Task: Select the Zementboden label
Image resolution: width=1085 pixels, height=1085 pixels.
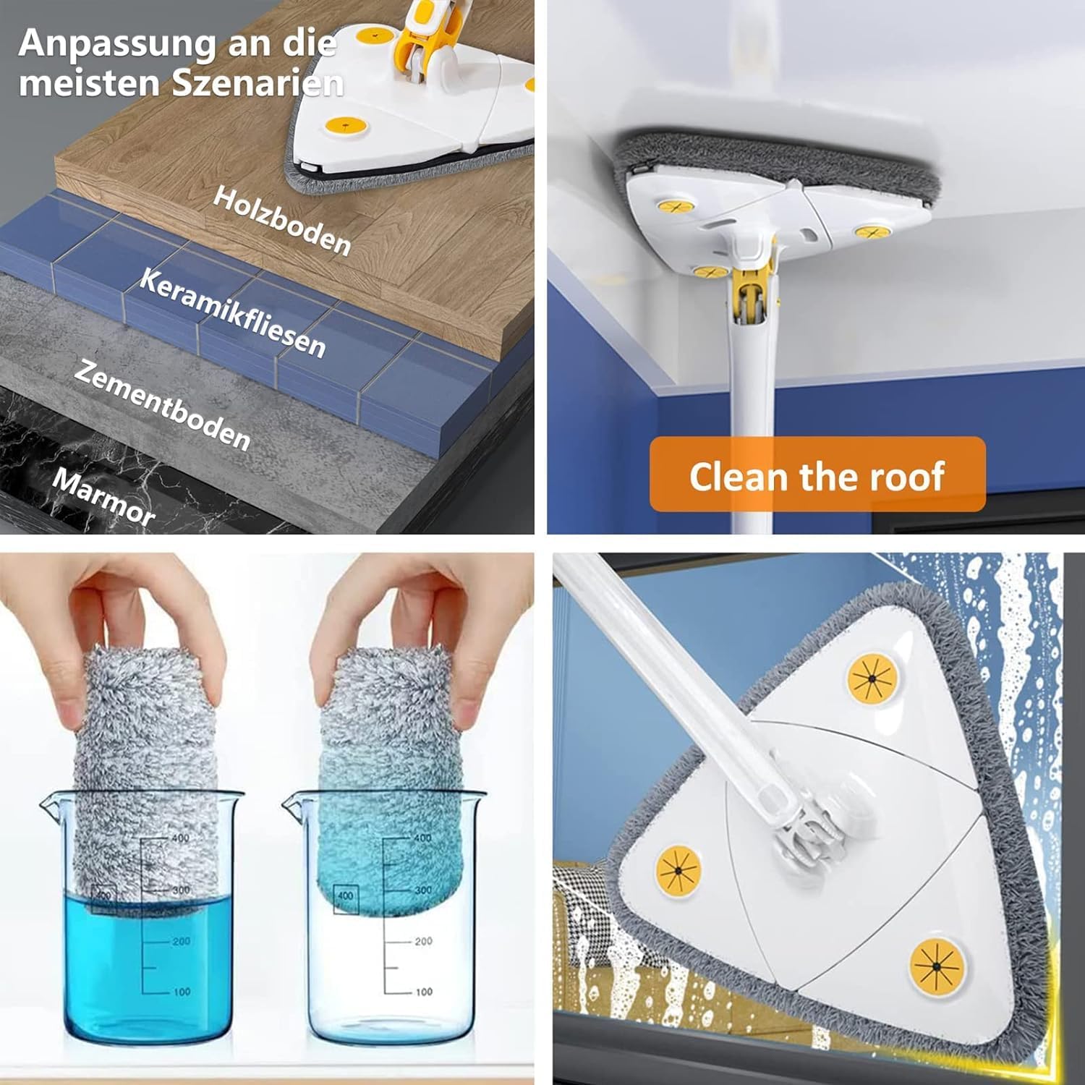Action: [x=163, y=406]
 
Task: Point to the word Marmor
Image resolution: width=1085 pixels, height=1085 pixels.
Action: [x=104, y=496]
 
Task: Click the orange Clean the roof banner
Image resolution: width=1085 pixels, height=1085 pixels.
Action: [x=817, y=475]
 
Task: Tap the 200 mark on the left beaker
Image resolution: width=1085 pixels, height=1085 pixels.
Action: [x=181, y=941]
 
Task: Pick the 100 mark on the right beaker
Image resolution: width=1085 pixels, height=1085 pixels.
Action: [x=424, y=992]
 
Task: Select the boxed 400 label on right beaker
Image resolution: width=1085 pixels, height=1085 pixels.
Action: [x=346, y=895]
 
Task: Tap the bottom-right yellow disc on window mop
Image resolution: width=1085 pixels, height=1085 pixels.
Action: [x=937, y=966]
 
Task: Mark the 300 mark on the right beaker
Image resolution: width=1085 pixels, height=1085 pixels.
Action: [x=423, y=890]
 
